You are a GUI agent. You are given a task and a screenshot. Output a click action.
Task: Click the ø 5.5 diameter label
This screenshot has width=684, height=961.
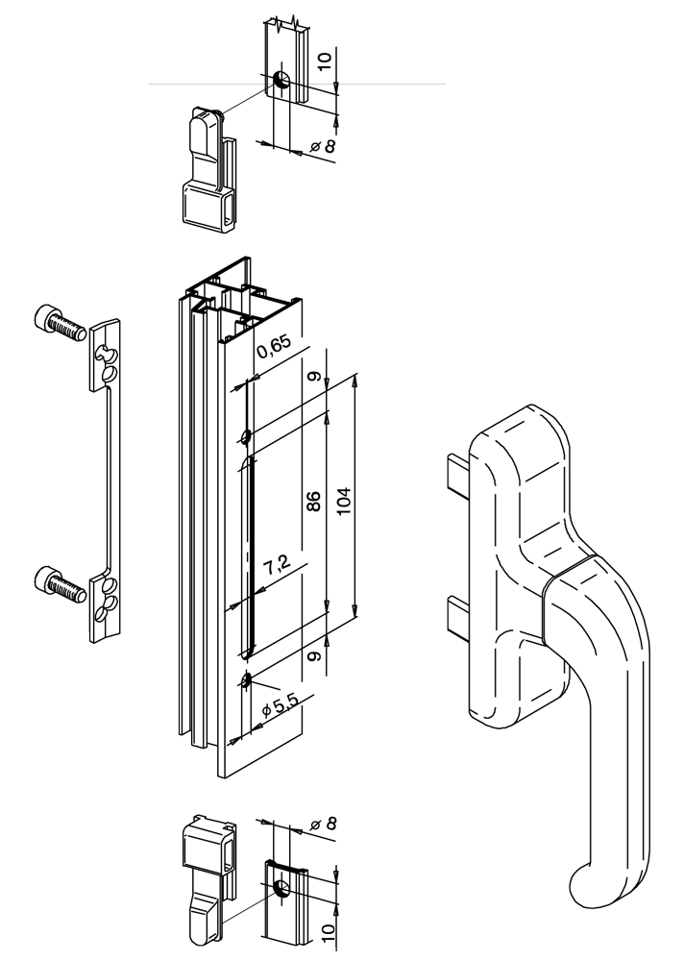click(279, 709)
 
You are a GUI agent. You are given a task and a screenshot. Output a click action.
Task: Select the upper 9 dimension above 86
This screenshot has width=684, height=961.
click(312, 377)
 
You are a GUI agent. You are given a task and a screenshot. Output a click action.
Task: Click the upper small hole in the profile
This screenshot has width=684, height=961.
click(247, 437)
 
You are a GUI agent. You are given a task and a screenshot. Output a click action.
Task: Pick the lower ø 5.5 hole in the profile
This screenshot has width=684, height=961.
click(247, 681)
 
